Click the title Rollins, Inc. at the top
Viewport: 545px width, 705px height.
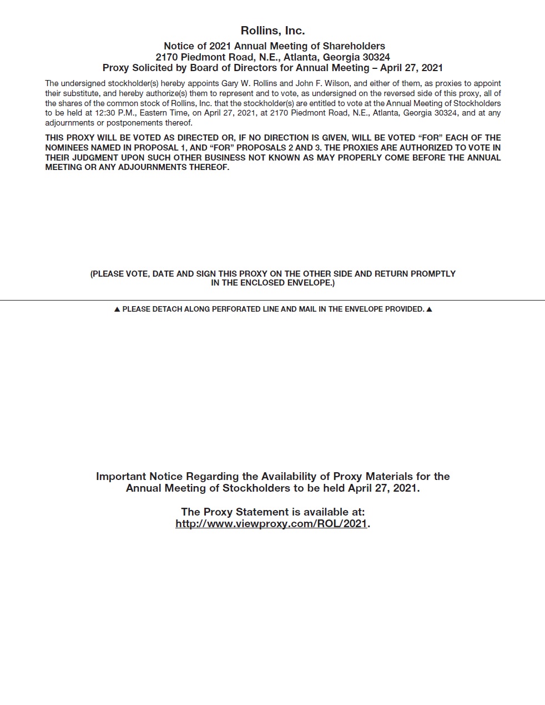[272, 31]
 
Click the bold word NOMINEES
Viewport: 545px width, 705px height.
[67, 148]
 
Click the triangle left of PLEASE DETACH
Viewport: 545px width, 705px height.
[117, 309]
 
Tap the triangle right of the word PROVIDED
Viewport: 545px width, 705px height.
[429, 309]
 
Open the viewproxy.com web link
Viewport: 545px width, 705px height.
[271, 524]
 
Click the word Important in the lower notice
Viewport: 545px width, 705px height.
[121, 477]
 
